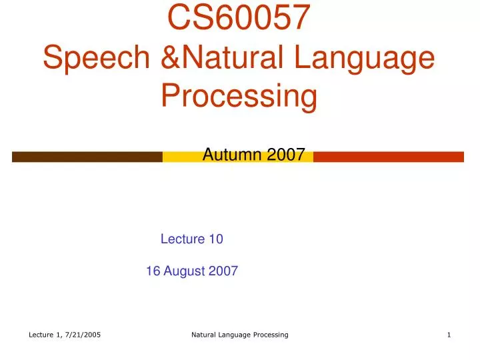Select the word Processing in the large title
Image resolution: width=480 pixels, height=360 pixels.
click(239, 96)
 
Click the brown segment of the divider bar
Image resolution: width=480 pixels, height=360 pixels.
click(87, 157)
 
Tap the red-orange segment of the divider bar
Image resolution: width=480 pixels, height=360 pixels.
click(388, 157)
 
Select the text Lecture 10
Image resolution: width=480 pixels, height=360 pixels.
click(192, 239)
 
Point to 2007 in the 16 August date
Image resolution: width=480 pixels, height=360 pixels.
click(224, 271)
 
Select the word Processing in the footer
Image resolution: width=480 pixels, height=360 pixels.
click(269, 335)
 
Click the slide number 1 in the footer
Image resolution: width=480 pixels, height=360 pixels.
click(449, 335)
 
